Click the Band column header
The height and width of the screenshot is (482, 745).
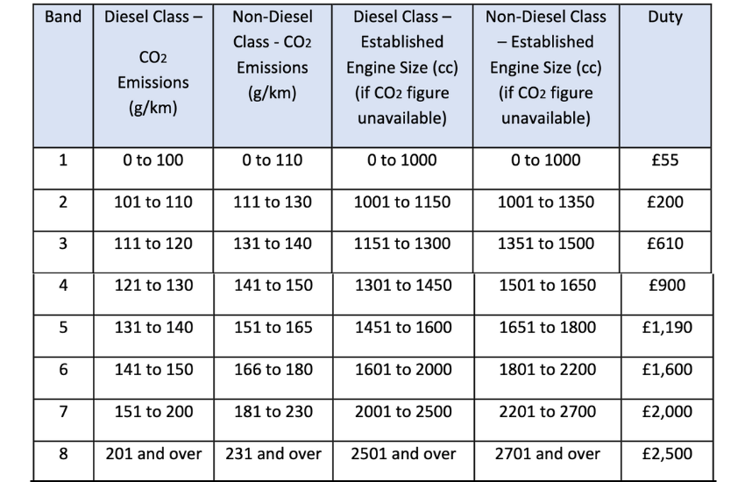(63, 17)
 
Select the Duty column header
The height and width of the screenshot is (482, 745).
(665, 18)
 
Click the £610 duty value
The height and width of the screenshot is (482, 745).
(665, 244)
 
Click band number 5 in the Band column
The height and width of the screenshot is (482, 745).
(63, 328)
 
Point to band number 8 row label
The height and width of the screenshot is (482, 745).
(63, 454)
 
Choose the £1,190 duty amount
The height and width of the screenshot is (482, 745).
(667, 328)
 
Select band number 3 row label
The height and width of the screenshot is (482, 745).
(63, 244)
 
